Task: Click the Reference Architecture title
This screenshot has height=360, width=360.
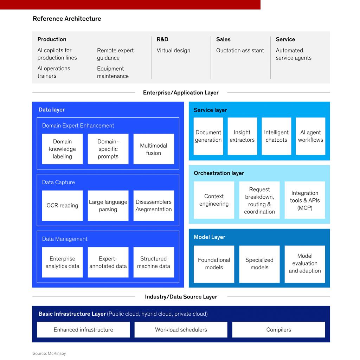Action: pos(67,19)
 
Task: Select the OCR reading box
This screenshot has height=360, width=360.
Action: pos(62,206)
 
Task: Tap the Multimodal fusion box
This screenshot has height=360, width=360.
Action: pos(154,149)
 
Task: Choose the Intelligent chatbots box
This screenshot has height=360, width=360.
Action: pos(276,136)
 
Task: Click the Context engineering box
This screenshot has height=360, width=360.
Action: pos(214,200)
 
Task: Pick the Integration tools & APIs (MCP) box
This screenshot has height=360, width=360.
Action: pos(305,200)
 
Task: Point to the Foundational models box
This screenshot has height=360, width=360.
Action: pos(214,264)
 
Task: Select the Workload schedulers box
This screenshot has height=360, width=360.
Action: pos(181,330)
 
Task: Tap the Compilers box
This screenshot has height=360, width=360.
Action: pos(278,330)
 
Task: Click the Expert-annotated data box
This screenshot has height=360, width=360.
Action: pos(108,262)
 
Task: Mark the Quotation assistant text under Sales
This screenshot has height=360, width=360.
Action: pos(240,50)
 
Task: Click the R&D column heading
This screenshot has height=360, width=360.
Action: pos(162,39)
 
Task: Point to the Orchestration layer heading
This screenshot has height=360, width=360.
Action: pos(219,173)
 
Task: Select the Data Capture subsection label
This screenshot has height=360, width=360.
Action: pos(58,182)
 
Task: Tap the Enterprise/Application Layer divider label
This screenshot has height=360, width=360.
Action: pos(181,93)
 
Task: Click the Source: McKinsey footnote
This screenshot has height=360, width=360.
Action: pos(49,353)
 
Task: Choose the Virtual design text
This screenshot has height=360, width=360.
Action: pos(173,50)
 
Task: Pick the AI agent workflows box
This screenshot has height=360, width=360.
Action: pos(310,136)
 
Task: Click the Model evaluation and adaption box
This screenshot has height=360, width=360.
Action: pos(305,264)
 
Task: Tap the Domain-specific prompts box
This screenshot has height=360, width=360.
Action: pos(108,149)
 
